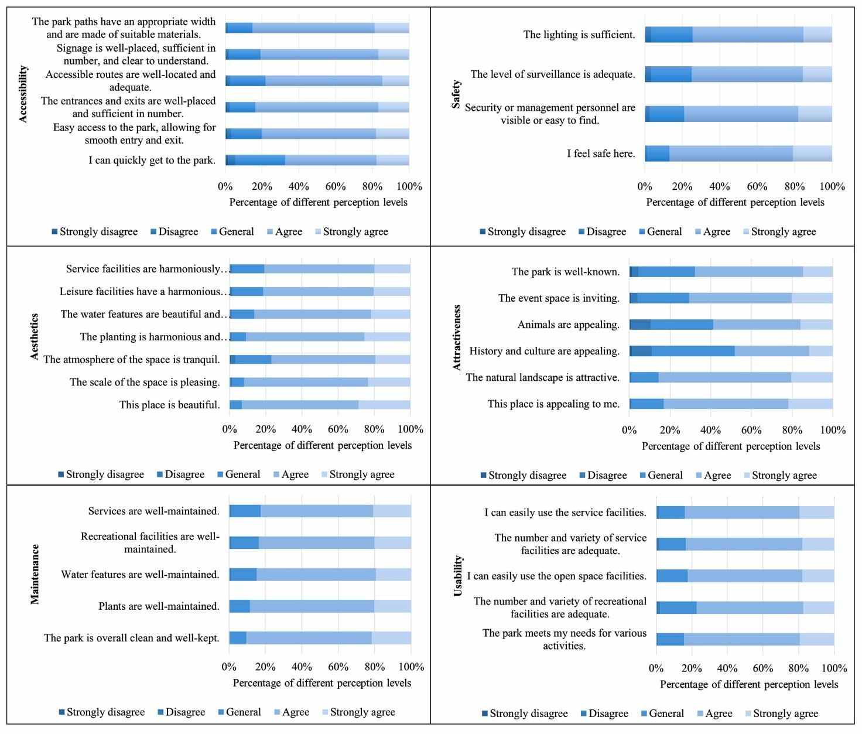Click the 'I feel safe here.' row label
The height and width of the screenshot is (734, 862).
(601, 153)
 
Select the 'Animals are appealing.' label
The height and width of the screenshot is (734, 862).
(568, 325)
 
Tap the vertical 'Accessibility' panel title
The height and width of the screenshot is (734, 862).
(23, 94)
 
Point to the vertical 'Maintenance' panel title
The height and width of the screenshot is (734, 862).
(35, 574)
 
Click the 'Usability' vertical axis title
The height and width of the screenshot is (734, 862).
(459, 576)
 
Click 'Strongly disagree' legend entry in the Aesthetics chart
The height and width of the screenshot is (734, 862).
(101, 474)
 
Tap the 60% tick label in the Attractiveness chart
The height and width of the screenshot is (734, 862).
(751, 430)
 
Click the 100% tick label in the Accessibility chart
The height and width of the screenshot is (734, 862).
(409, 186)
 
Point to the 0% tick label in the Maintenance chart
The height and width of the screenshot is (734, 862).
(229, 667)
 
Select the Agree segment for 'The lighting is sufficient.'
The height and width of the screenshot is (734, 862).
(748, 35)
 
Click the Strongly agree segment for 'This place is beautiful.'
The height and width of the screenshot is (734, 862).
(384, 405)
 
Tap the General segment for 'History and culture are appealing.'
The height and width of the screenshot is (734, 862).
(693, 351)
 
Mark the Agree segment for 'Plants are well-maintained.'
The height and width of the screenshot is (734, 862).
(312, 606)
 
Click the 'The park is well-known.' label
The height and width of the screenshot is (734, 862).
(565, 272)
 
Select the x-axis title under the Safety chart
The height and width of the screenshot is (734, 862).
(735, 202)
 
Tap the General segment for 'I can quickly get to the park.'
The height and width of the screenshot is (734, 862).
(260, 160)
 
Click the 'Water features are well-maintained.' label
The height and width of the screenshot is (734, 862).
(140, 575)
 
